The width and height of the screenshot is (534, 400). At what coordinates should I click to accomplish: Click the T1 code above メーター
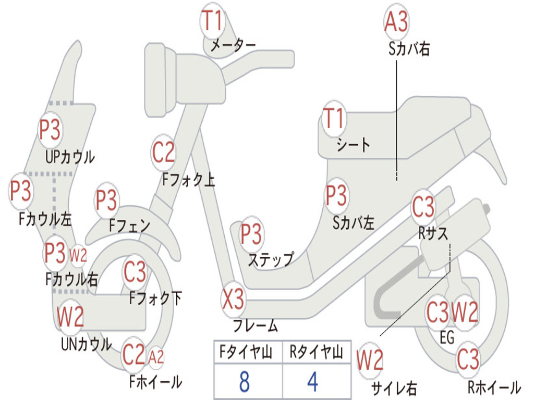(213, 22)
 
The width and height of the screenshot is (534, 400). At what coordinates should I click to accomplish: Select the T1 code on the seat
(334, 119)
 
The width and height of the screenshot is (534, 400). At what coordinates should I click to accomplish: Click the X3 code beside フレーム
(233, 299)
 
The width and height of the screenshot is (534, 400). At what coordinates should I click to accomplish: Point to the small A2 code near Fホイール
(156, 357)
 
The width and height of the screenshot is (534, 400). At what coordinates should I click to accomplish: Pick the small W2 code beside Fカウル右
(78, 255)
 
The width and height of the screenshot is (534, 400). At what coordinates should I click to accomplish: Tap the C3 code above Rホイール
(468, 359)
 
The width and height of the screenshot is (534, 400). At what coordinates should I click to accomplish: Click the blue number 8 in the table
(244, 382)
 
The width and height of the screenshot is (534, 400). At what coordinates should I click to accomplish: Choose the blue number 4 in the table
(312, 382)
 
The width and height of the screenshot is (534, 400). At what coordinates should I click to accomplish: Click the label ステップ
(270, 259)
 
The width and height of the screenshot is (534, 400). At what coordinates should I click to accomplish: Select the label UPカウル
(70, 156)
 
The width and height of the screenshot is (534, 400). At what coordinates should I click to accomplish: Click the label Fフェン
(130, 226)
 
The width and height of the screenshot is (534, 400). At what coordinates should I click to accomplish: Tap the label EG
(447, 337)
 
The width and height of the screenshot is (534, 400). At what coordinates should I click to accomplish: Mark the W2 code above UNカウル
(70, 316)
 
